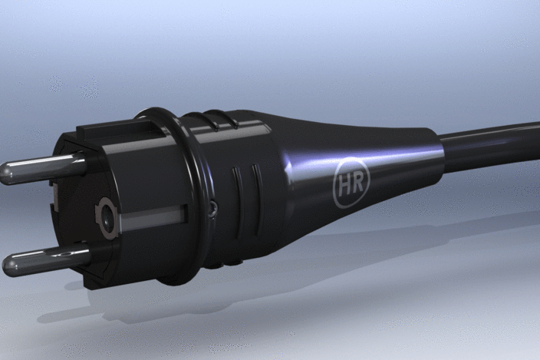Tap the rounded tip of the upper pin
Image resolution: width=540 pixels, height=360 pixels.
[x=6, y=173]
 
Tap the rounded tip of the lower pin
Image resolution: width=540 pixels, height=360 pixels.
[x=8, y=266]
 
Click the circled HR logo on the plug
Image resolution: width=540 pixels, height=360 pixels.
[x=351, y=182]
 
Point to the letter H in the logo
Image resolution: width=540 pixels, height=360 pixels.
[x=344, y=185]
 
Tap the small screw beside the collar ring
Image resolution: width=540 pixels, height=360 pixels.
[x=213, y=208]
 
